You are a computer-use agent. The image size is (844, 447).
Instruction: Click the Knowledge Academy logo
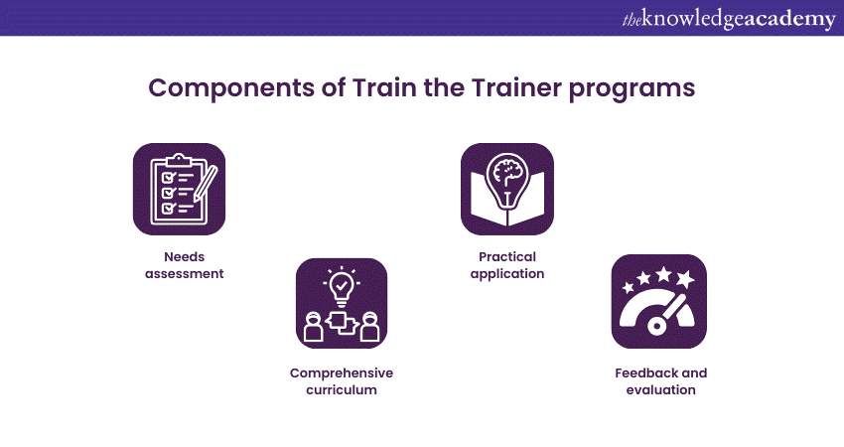(729, 19)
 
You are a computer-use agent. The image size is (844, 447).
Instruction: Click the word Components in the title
(231, 87)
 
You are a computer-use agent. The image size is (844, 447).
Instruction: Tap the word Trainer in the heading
(516, 87)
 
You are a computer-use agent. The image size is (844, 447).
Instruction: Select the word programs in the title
(632, 89)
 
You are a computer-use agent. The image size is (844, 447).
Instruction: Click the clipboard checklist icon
(180, 189)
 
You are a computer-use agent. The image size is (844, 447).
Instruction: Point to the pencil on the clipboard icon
(207, 183)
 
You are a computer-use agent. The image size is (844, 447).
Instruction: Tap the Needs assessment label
(184, 265)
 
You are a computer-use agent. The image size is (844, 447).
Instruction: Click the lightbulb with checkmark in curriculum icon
(342, 286)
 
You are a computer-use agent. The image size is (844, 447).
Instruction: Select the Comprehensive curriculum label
(342, 381)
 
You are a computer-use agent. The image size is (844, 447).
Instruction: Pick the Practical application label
(507, 265)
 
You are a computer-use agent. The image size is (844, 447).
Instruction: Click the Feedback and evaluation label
(661, 381)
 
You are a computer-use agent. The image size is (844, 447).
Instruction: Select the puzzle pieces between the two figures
(342, 323)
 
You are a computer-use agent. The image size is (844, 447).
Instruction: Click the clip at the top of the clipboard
(179, 160)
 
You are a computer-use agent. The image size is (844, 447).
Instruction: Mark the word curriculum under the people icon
(342, 390)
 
